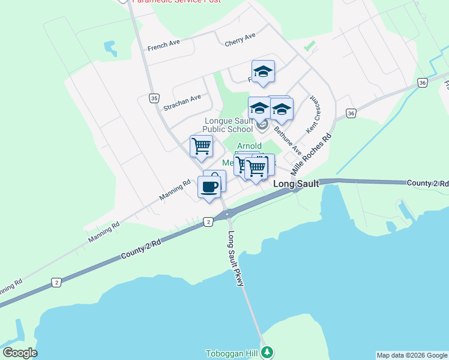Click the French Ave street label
point(164,45)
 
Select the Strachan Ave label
point(182,103)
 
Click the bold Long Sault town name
point(296,184)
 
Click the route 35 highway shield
point(154,97)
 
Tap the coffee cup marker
point(209,187)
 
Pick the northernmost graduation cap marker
point(263,72)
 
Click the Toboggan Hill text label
point(231,353)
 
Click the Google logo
point(20,353)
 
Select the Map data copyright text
point(412,355)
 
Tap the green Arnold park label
point(249,146)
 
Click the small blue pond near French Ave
point(110,47)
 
